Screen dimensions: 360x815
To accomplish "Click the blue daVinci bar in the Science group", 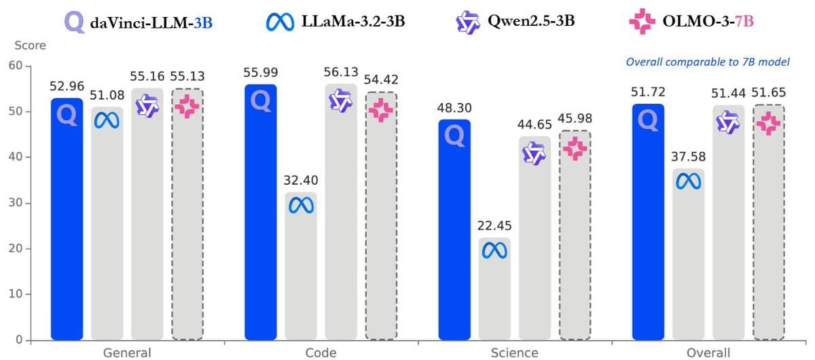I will pyautogui.click(x=454, y=231).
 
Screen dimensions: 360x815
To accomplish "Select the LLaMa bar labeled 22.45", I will pyautogui.click(x=494, y=289).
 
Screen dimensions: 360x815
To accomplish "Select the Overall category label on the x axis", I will pyautogui.click(x=708, y=352).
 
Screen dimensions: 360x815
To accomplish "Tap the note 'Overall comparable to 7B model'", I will pyautogui.click(x=708, y=62).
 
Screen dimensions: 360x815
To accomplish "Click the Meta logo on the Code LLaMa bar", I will pyautogui.click(x=301, y=204).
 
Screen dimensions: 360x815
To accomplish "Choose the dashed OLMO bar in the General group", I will pyautogui.click(x=187, y=214).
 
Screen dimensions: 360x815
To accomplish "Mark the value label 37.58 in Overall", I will pyautogui.click(x=688, y=157).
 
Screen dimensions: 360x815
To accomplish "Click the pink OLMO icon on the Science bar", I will pyautogui.click(x=575, y=149).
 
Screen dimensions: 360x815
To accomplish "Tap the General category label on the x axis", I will pyautogui.click(x=127, y=352).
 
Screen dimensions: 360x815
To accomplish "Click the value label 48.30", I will pyautogui.click(x=454, y=108).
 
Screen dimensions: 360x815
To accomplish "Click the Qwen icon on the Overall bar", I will pyautogui.click(x=729, y=122).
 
